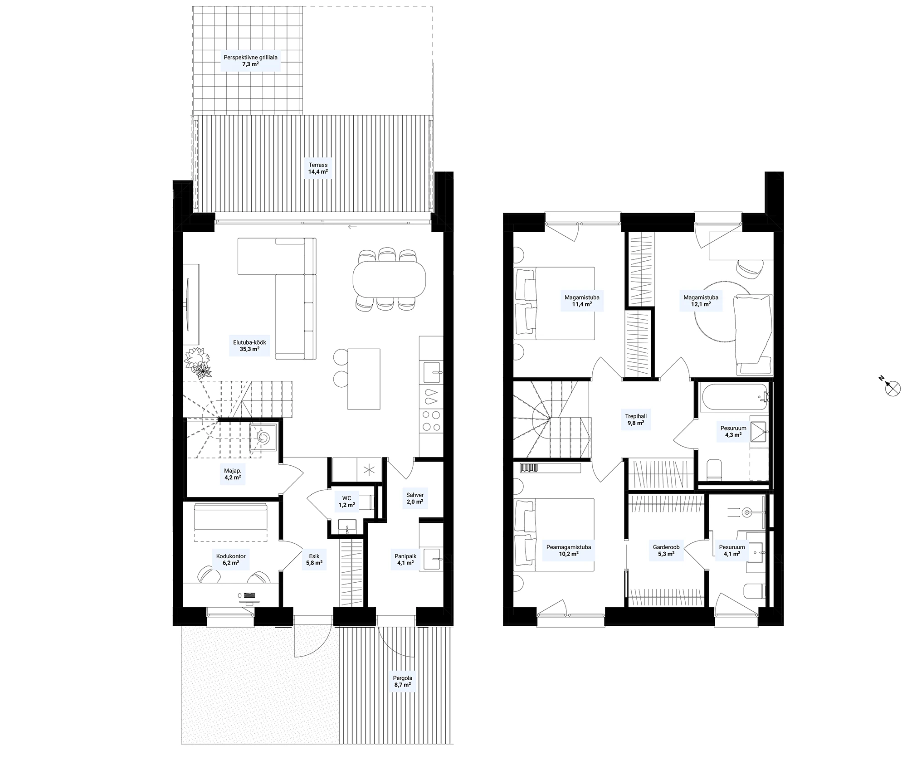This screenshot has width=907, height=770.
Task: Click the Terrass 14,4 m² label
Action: [318, 168]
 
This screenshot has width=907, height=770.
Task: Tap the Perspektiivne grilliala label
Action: [250, 58]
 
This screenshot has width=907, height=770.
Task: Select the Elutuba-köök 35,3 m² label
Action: [249, 346]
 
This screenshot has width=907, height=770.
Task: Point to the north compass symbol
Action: [891, 386]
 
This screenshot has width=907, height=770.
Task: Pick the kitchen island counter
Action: [364, 378]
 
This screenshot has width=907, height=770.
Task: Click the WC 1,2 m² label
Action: [346, 501]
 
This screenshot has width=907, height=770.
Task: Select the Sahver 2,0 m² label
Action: [414, 498]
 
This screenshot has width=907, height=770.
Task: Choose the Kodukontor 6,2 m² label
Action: [231, 559]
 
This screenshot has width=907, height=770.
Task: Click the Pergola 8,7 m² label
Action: [402, 682]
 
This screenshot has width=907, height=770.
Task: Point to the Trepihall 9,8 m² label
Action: [636, 419]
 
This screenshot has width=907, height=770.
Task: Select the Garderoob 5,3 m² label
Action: [666, 551]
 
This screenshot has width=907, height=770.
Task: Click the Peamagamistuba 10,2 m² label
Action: [569, 551]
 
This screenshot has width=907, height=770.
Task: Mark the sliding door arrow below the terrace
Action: [352, 227]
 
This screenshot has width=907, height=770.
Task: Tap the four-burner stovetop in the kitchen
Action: [431, 420]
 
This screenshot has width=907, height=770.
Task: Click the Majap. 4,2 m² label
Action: [233, 474]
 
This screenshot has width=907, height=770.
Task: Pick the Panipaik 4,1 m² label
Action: [405, 559]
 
